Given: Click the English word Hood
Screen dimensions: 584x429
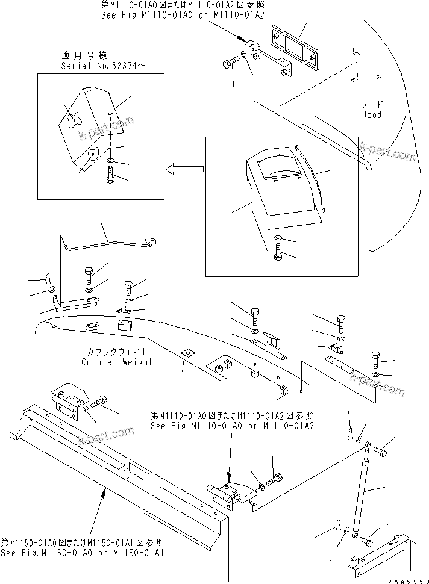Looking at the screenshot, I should [371, 114].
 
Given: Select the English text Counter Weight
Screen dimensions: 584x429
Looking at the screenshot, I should [117, 362].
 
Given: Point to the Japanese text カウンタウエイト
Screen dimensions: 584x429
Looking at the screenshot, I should [117, 352].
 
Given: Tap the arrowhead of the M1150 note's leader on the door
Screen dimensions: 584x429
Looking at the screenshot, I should [105, 489].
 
